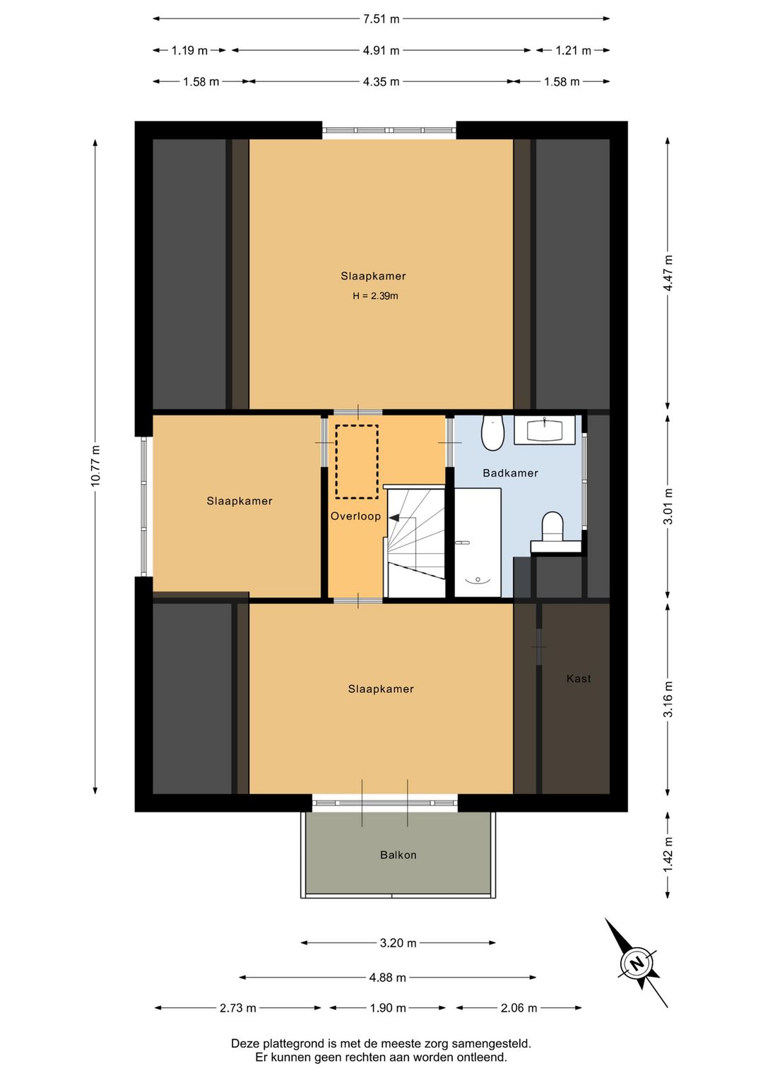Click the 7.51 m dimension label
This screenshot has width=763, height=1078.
381,19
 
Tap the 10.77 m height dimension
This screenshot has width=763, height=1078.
95,466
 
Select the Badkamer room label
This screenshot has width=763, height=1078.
510,473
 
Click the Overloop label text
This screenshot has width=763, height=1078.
355,516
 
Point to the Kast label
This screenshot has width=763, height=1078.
579,679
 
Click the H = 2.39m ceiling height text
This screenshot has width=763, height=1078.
375,296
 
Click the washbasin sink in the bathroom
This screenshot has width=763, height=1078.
545,430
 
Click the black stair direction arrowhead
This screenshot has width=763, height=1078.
394,518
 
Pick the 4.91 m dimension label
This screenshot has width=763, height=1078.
381,51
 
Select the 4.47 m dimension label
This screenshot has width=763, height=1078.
668,273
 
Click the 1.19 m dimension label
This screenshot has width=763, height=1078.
189,51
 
